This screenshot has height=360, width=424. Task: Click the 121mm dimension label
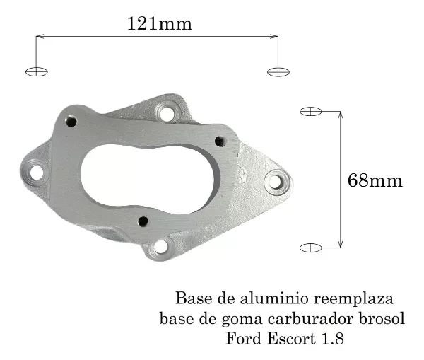pos(159,23)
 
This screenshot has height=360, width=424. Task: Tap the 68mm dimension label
pos(375,180)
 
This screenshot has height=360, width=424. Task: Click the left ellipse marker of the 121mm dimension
pos(36,71)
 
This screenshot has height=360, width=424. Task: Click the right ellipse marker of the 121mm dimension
pos(278,71)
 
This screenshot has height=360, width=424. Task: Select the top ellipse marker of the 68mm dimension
pos(311,111)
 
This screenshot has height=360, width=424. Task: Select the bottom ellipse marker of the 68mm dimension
pos(311,247)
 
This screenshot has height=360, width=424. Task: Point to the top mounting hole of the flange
pos(167,112)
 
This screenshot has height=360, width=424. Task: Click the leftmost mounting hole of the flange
pos(35,170)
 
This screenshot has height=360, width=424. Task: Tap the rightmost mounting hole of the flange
pos(277,182)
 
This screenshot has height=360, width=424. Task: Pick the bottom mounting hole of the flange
pos(161,248)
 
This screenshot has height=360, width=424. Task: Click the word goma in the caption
pos(242,319)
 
